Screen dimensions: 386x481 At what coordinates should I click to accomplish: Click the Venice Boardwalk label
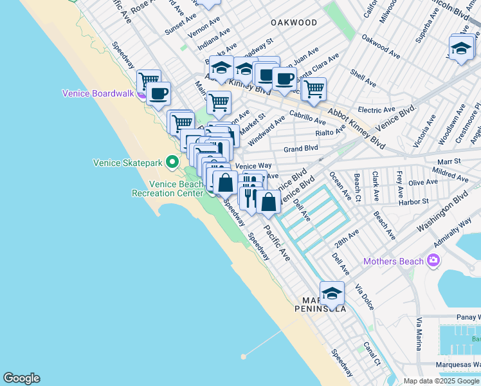point(98,93)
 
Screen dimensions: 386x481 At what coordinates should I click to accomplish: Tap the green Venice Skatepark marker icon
point(172,163)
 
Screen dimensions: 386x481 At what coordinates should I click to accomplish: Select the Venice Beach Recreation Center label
point(172,188)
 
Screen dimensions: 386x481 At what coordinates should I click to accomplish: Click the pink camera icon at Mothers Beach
point(434,261)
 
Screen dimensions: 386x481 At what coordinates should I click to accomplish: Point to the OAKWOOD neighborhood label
point(294,23)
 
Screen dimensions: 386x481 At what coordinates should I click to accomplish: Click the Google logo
point(21,378)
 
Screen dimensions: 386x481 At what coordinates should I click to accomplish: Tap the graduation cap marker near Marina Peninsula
point(332,293)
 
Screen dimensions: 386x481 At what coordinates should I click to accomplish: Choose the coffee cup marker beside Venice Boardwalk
point(158,94)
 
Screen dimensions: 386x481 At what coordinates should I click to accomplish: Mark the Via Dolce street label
point(364,293)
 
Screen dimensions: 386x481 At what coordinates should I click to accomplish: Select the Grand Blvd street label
point(301,148)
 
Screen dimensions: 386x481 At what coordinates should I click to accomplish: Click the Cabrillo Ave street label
point(307,117)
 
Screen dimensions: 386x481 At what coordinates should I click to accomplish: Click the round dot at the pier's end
point(243,356)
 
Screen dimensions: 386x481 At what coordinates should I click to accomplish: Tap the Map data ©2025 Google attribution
point(440,381)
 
